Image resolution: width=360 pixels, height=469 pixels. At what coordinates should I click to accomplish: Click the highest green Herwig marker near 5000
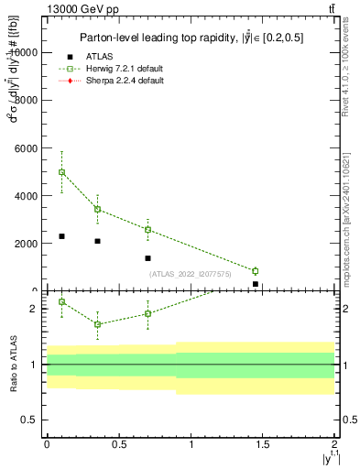click(61, 172)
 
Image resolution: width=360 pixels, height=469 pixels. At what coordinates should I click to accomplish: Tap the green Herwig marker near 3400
click(97, 209)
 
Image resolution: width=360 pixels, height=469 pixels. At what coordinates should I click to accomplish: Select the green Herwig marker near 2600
click(147, 230)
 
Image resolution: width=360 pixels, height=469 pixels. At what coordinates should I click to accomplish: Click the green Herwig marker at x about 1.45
click(256, 271)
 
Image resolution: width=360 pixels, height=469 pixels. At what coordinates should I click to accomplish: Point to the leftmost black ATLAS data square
click(61, 236)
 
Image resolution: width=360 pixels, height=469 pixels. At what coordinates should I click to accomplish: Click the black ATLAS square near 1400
click(147, 258)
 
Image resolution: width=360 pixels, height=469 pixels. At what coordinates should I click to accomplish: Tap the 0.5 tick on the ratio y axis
click(33, 420)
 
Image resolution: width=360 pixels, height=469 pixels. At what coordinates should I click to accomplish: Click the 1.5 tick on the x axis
click(263, 444)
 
